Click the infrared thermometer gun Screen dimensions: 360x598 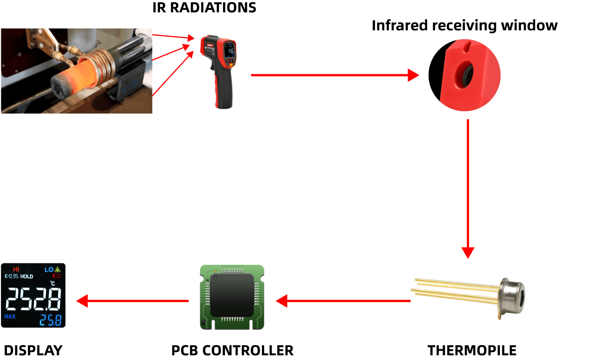(219, 70)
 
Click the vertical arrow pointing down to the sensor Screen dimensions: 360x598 (467, 187)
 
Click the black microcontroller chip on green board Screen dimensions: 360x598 (232, 295)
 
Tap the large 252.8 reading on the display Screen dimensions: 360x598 (33, 299)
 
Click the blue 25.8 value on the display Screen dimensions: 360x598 (50, 320)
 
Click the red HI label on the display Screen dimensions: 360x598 (16, 269)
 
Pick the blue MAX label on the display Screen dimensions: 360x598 (10, 317)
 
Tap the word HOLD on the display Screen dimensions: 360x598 (27, 276)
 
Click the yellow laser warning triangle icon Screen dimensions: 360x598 (58, 269)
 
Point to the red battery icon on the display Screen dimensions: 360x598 (56, 276)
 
